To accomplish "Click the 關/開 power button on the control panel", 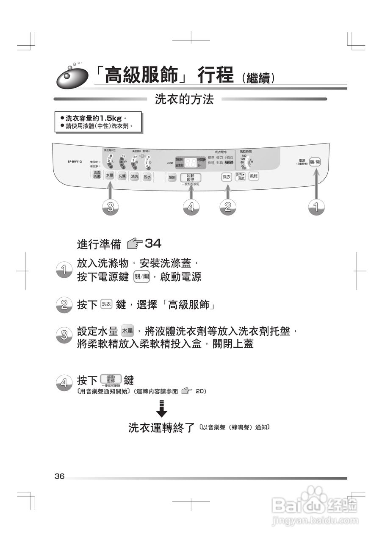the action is click(315, 162).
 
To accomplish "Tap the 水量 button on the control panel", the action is click(109, 175).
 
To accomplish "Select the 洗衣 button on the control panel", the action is click(227, 177).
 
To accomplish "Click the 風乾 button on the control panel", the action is click(253, 177).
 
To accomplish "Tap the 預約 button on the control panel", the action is click(172, 177).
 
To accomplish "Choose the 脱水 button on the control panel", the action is click(147, 177).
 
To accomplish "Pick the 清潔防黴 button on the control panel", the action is click(97, 175).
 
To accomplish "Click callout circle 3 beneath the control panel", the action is click(110, 207).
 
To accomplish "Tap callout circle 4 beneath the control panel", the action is click(191, 207).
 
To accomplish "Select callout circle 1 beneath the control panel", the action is click(315, 207).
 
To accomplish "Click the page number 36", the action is click(59, 476).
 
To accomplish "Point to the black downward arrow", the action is click(161, 409).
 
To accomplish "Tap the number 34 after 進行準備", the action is click(153, 243).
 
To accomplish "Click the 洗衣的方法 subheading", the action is click(184, 100).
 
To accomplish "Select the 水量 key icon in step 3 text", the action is click(127, 331).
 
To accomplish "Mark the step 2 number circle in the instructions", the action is click(64, 304).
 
